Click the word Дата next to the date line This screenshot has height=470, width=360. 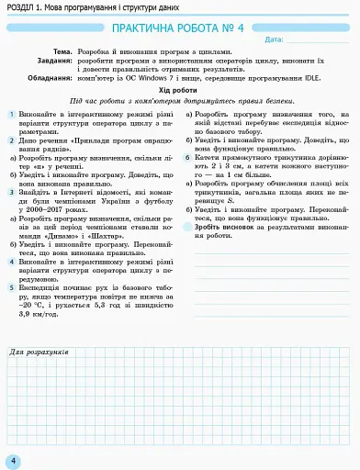pos(273,40)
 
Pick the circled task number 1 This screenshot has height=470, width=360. pos(12,114)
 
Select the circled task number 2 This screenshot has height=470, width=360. pos(12,140)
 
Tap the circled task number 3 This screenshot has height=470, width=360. pos(12,192)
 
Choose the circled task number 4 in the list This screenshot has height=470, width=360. pos(12,262)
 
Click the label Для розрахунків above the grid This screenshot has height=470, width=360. pos(38,352)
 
